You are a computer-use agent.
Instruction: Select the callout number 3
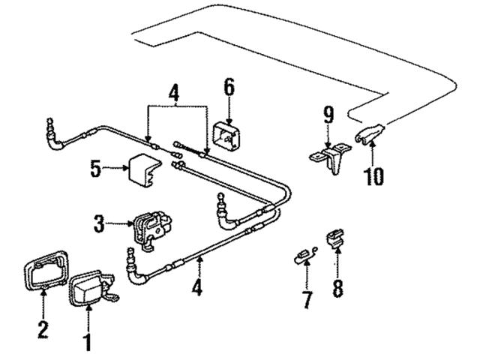point(99,223)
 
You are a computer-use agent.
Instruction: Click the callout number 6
point(228,87)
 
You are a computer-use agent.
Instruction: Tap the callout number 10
point(374,176)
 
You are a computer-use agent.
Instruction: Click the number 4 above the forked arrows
point(174,96)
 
